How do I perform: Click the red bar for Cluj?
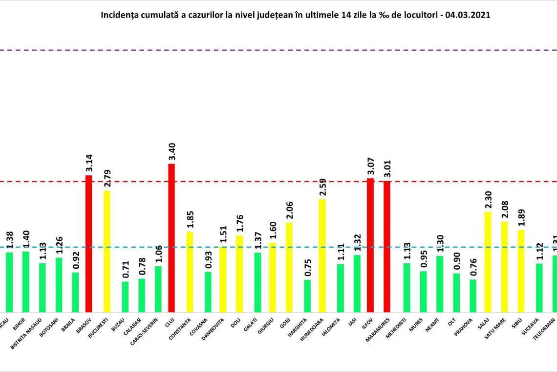171,238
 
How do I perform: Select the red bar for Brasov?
89,243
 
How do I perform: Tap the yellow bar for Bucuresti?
106,251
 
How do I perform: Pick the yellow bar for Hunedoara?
322,256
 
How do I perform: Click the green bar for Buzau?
125,297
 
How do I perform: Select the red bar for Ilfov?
370,245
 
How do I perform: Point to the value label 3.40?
171,152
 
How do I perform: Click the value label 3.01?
387,169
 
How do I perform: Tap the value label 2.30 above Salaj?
488,200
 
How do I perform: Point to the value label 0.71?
125,270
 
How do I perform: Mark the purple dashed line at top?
278,50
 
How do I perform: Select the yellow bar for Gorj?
289,267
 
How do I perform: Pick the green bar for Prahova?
472,296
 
